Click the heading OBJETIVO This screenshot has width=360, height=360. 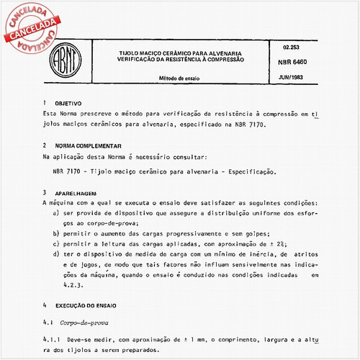click(69, 104)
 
